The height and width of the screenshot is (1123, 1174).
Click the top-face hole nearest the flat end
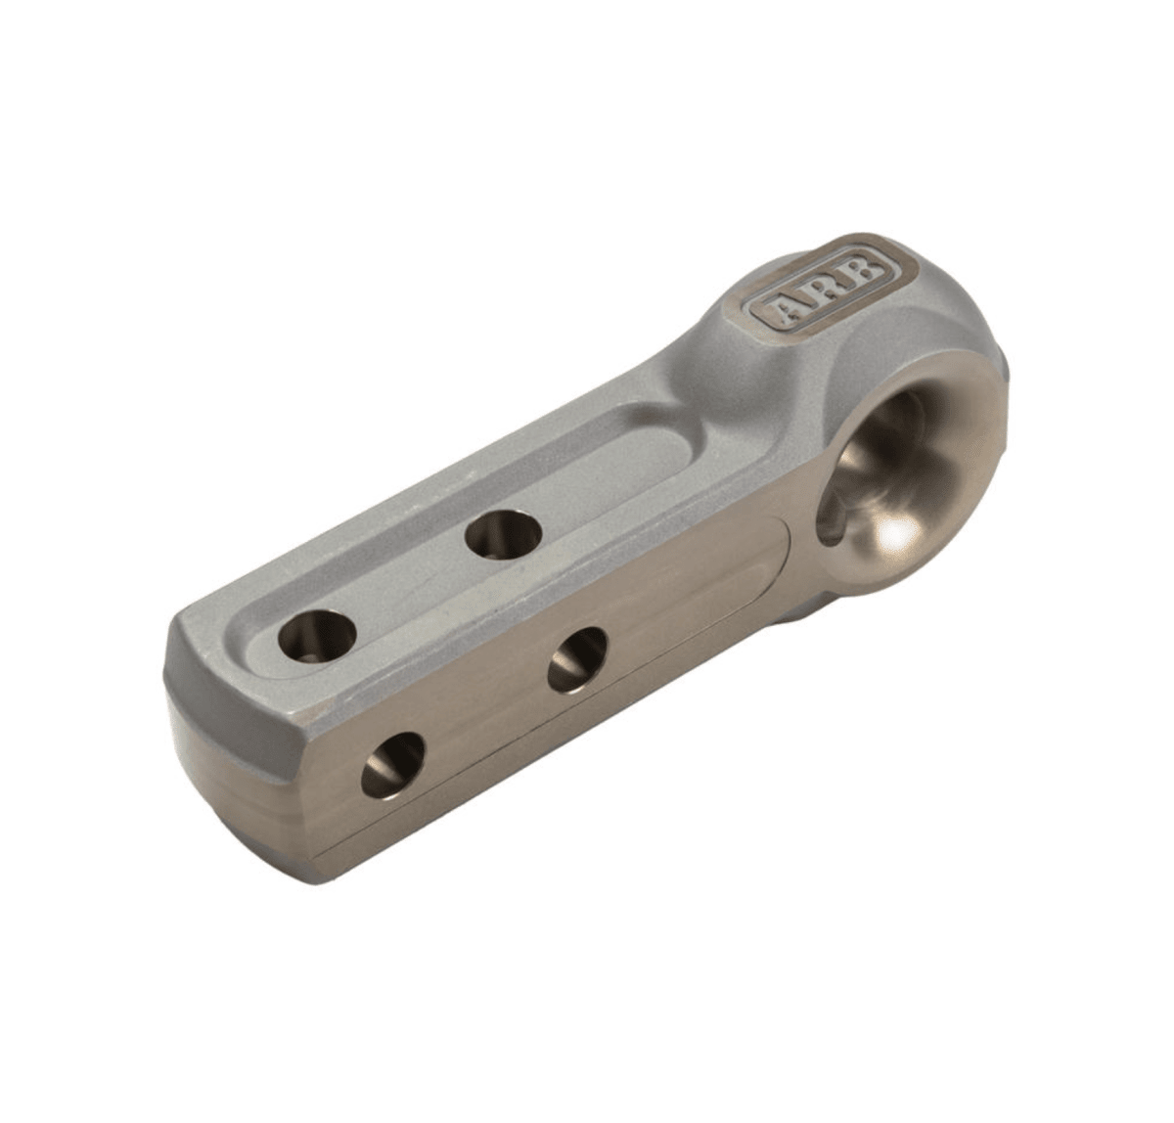(x=316, y=637)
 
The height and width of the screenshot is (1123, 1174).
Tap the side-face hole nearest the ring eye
(x=576, y=660)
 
